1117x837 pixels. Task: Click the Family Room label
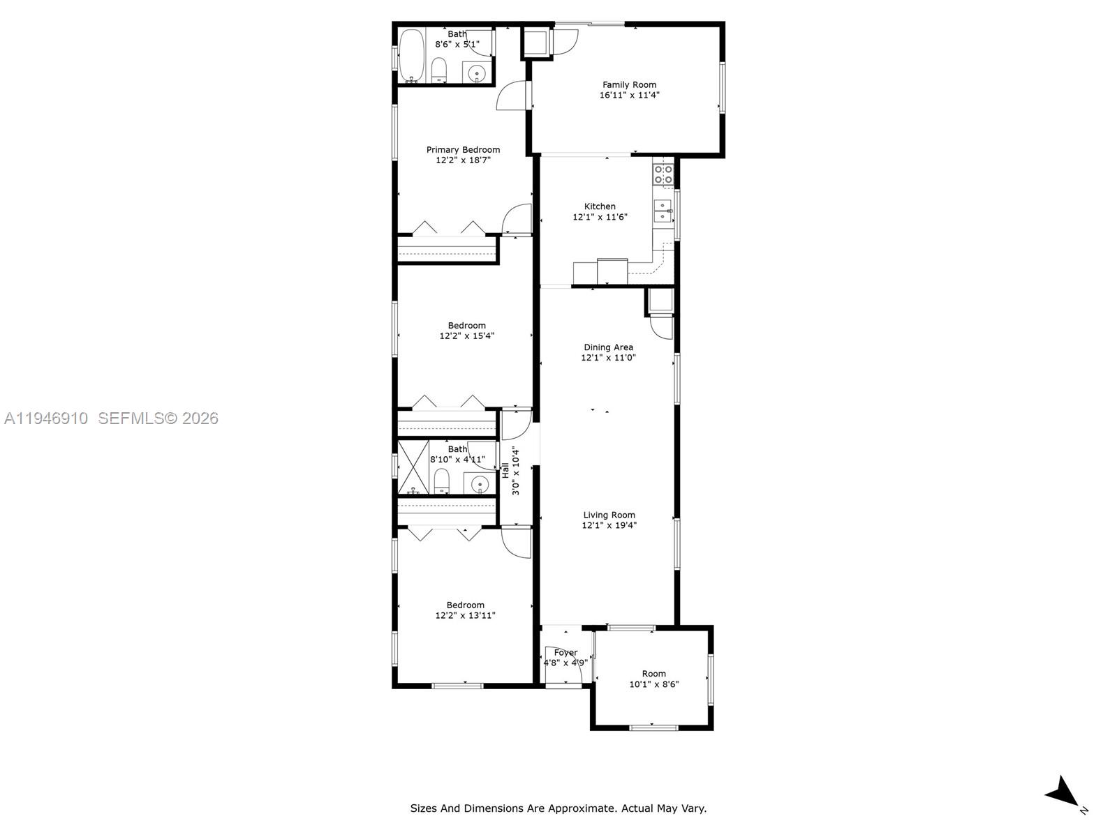[x=629, y=85]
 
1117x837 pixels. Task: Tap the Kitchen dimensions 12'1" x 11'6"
[x=600, y=217]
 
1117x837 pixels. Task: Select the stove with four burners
[x=663, y=174]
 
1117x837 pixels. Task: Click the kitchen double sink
[x=662, y=211]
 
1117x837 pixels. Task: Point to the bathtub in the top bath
[x=411, y=56]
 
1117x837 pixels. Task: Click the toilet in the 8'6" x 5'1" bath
[x=439, y=70]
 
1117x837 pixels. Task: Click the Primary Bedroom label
[x=463, y=149]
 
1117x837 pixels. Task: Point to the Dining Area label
[x=608, y=347]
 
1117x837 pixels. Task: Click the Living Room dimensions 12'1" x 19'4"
[x=609, y=526]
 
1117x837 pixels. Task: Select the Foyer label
[x=565, y=653]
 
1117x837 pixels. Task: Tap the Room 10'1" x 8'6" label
[x=653, y=674]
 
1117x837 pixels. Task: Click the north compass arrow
[x=1063, y=794]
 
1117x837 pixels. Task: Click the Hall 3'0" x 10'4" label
[x=510, y=471]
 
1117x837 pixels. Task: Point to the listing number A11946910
[x=46, y=418]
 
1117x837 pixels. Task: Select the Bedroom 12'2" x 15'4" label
[x=466, y=326]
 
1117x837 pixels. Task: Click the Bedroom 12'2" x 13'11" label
[x=465, y=605]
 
